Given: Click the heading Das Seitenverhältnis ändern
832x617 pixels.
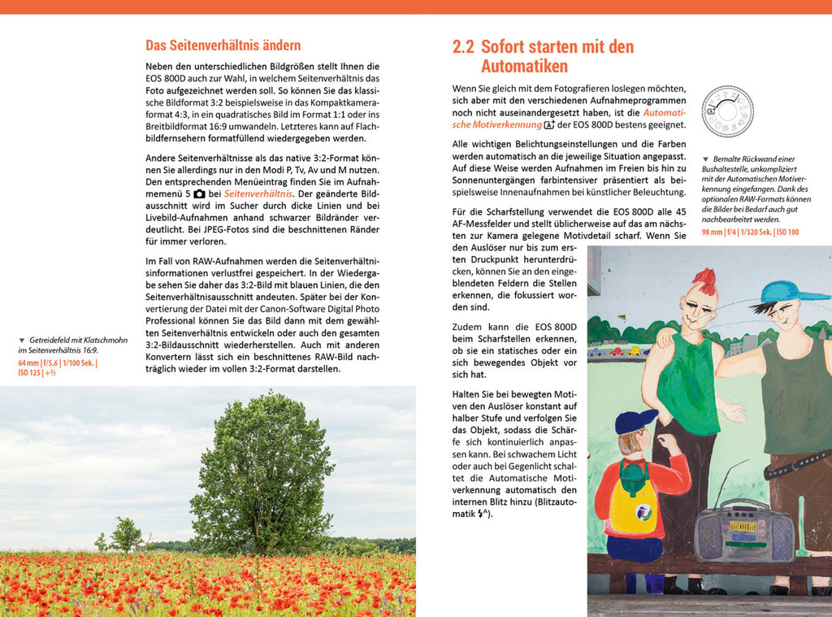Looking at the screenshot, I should [223, 46].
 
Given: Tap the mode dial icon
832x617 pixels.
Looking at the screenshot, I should [727, 111].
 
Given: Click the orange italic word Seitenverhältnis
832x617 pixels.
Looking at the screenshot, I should [258, 194].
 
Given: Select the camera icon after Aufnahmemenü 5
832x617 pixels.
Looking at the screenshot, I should [199, 194].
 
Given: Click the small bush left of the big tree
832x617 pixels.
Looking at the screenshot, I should [126, 534].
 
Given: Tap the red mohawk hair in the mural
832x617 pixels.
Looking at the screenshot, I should [704, 280].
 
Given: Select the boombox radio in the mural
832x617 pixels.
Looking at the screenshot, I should [744, 533].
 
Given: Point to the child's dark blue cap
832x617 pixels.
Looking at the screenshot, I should [634, 421].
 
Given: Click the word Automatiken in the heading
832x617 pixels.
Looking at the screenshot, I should [524, 67].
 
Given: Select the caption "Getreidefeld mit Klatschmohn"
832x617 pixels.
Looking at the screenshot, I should [77, 340].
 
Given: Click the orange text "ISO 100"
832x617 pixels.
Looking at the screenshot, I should [786, 232].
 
